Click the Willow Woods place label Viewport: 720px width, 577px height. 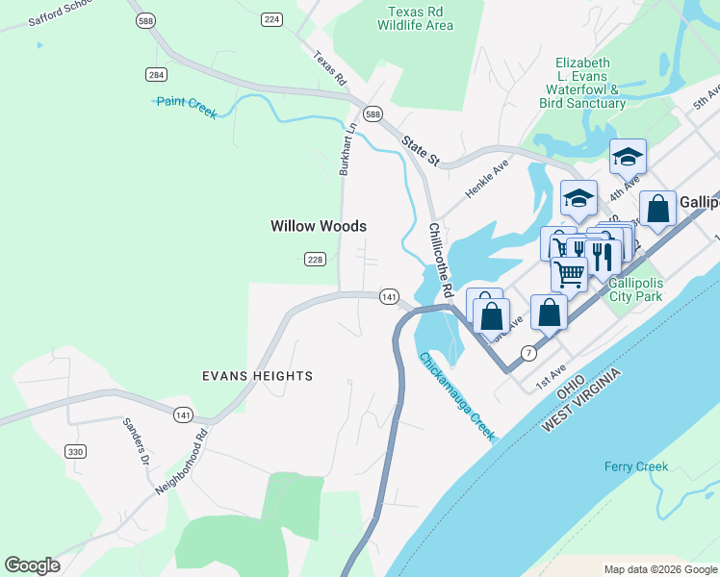coord(319,226)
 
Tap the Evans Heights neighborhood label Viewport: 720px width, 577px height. coord(257,376)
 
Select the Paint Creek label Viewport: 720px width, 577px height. coord(187,107)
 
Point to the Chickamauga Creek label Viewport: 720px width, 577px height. coord(457,396)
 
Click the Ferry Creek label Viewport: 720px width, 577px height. coord(635,467)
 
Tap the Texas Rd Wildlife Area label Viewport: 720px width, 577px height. coord(420,18)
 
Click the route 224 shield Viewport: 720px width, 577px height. coord(271,19)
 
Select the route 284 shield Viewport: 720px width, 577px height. coord(156,74)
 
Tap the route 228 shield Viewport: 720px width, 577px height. coord(315,260)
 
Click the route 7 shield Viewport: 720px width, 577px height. coord(527,353)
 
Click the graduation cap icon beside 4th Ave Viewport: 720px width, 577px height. coord(628,156)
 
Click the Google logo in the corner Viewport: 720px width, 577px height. coord(32,565)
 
